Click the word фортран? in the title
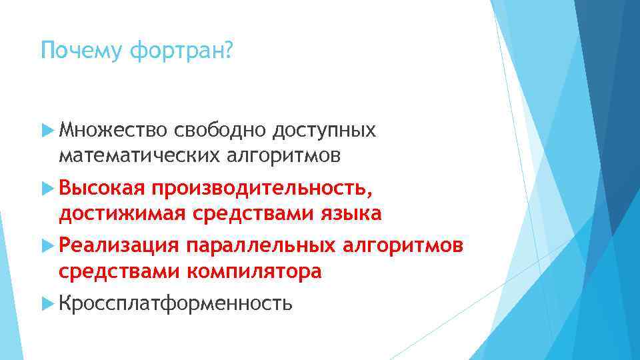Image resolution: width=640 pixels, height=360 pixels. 182,51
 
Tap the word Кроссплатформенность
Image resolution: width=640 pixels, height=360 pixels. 175,305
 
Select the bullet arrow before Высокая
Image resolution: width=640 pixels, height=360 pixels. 47,189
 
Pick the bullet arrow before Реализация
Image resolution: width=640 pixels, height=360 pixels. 47,247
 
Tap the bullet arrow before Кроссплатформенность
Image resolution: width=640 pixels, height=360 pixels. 47,304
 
